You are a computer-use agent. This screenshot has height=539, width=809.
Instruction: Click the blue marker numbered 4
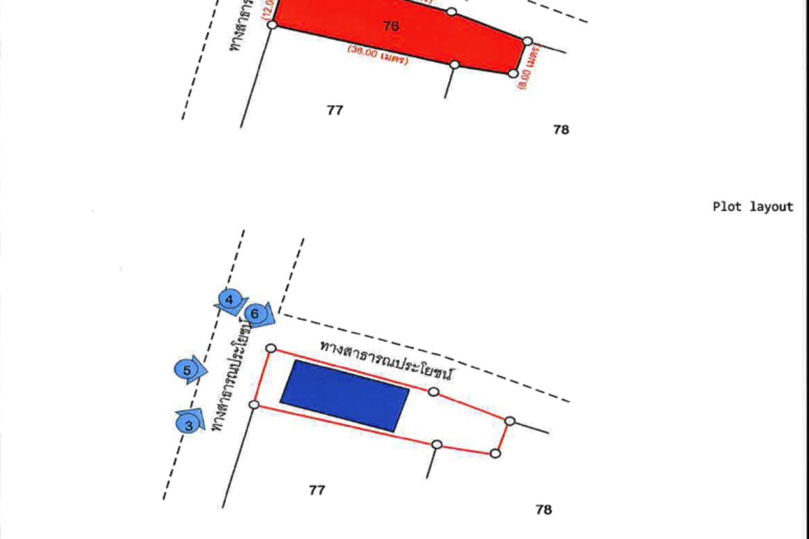coord(230,299)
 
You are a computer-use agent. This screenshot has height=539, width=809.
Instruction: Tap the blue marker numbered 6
coord(256,314)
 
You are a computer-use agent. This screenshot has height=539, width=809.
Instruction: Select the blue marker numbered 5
coord(187,370)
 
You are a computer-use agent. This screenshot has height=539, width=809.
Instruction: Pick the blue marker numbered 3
coord(189,425)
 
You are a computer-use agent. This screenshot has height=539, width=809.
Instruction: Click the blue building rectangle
coord(344,395)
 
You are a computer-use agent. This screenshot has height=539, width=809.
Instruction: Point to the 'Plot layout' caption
coord(753,207)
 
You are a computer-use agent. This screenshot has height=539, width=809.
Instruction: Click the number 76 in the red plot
coord(390,26)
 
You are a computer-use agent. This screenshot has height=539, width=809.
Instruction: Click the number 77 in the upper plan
coord(334,110)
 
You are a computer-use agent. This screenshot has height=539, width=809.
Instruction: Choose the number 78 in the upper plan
coord(561,130)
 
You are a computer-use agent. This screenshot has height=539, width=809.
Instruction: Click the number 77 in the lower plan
coord(317,490)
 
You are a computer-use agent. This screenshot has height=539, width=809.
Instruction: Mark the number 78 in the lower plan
coord(543,510)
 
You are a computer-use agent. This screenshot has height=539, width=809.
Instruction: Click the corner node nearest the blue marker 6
coord(271,348)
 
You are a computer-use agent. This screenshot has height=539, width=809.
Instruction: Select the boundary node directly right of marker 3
coord(254,404)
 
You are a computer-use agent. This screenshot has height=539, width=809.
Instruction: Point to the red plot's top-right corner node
coord(528,41)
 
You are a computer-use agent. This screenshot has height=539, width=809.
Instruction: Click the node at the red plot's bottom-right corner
coord(513,73)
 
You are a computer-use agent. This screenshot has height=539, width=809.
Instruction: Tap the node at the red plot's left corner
coord(272,24)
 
